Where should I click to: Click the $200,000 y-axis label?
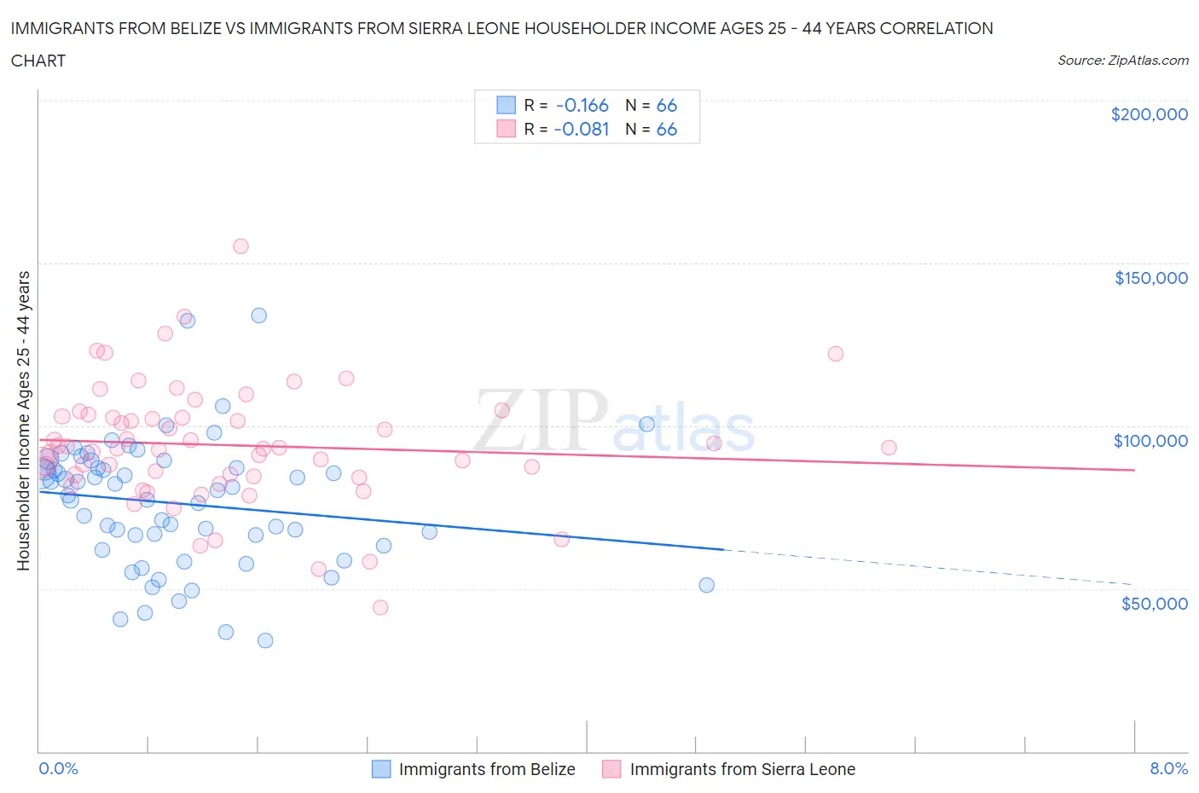1149,114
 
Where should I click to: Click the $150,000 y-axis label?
1150,278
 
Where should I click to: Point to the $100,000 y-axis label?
1150,441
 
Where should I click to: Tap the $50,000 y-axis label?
1154,604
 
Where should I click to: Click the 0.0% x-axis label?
58,768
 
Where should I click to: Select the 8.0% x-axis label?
1168,768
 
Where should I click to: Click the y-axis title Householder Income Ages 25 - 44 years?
23,420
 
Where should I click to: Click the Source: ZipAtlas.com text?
1122,61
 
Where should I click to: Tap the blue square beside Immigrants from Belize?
381,769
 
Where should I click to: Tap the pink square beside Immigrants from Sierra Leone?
611,769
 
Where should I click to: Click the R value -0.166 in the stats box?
582,105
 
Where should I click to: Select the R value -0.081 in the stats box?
582,129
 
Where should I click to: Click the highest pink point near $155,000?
240,246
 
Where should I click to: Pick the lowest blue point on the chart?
265,640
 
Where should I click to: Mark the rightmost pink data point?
889,448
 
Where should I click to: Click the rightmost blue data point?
706,585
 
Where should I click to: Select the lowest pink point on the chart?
380,607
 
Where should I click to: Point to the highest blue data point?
258,315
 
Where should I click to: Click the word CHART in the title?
38,61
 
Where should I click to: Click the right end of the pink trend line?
1134,470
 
